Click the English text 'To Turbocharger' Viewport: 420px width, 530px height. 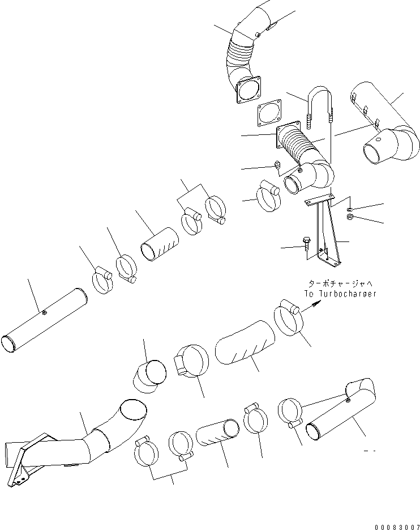pyautogui.click(x=339, y=294)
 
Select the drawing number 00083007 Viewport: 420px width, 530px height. pyautogui.click(x=395, y=526)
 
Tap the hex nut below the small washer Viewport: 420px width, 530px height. pyautogui.click(x=350, y=217)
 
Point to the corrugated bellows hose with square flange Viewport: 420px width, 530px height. pyautogui.click(x=300, y=149)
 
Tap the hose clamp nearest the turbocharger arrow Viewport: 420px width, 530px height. pyautogui.click(x=289, y=320)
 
